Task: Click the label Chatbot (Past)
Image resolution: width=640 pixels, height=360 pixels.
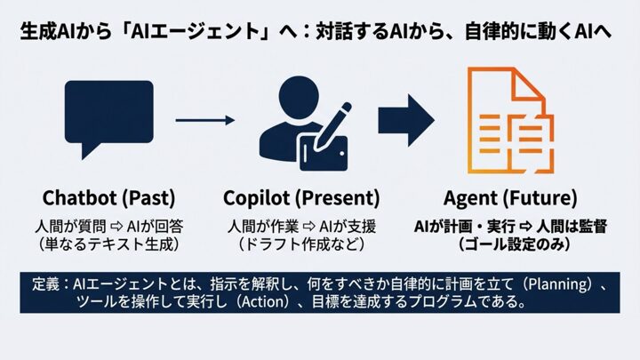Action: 108,196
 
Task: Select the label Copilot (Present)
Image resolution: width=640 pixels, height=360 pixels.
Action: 301,196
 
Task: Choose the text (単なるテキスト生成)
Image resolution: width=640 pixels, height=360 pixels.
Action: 109,243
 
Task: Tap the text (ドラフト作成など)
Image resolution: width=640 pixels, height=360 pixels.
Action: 301,243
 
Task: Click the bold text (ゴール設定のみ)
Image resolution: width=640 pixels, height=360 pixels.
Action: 509,243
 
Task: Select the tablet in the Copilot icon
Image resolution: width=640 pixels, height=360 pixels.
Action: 321,151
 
